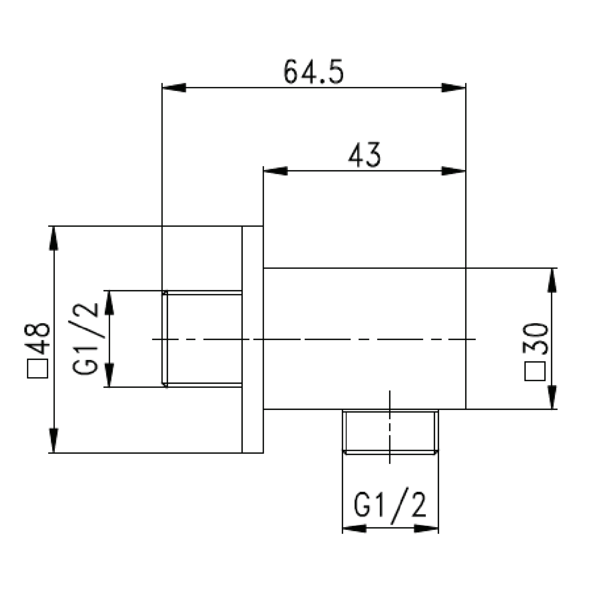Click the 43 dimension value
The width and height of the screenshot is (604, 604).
point(364,155)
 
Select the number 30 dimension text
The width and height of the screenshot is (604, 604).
point(535,338)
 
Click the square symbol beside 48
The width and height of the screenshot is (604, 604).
point(37,368)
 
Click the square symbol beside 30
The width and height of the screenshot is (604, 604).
point(535,371)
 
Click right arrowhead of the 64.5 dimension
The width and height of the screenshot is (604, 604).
point(454,88)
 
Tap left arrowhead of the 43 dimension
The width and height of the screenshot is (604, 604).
point(275,171)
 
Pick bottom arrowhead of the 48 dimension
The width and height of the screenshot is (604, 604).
point(54,440)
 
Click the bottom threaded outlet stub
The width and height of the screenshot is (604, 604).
point(390,431)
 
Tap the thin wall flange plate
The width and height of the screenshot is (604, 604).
point(253,339)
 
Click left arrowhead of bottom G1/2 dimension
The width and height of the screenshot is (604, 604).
point(354,528)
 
